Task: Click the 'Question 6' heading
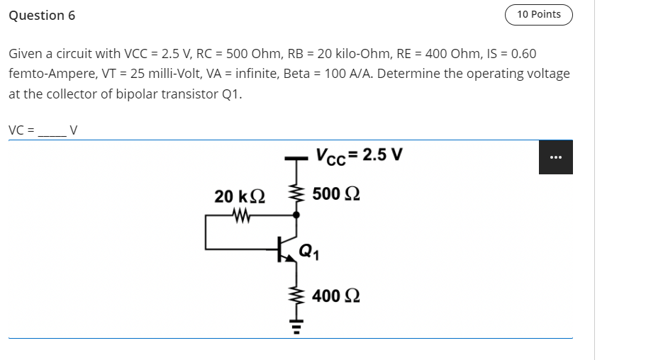[42, 16]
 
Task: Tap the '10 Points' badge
[538, 14]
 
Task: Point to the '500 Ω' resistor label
[335, 193]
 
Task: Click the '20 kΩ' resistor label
[240, 196]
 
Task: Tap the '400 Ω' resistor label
[335, 296]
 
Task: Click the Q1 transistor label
[308, 250]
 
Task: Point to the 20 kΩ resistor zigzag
[240, 213]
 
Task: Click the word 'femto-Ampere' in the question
[45, 74]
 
